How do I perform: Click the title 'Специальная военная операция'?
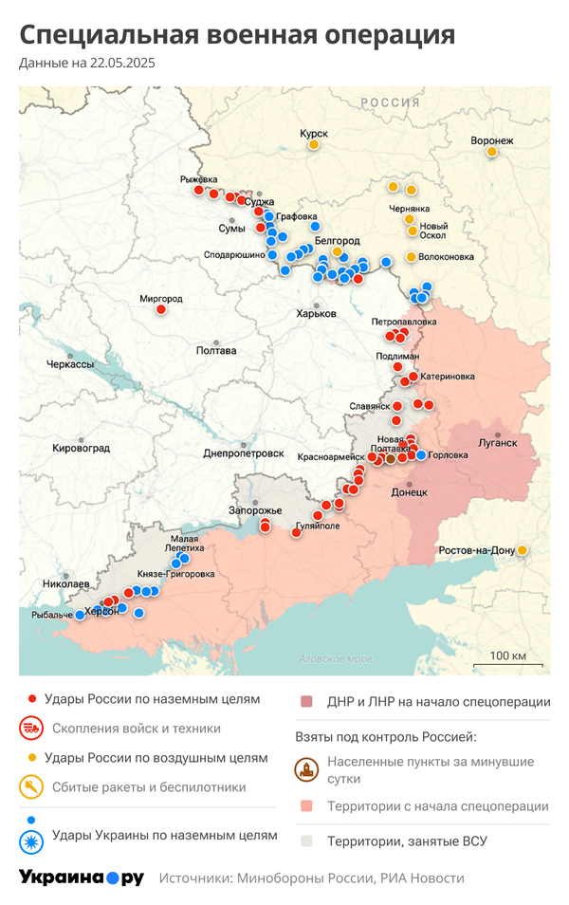tap(237, 35)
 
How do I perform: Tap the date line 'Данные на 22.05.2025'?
tap(87, 64)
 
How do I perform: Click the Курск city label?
tap(313, 134)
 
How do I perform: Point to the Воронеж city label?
tap(491, 141)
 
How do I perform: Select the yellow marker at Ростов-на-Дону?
tap(522, 550)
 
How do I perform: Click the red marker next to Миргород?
tap(161, 309)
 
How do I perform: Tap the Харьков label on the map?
tap(316, 314)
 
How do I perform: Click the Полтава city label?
tap(215, 351)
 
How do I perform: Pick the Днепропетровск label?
tap(244, 453)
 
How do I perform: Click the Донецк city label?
tap(410, 492)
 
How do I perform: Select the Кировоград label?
tap(81, 448)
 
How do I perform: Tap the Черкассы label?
tap(71, 364)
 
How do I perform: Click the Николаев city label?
tap(66, 584)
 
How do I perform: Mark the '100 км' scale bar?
tap(508, 660)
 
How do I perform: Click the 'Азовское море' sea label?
tap(335, 658)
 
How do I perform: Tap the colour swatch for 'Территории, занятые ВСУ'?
tap(306, 840)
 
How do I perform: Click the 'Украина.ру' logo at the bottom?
tap(81, 877)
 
